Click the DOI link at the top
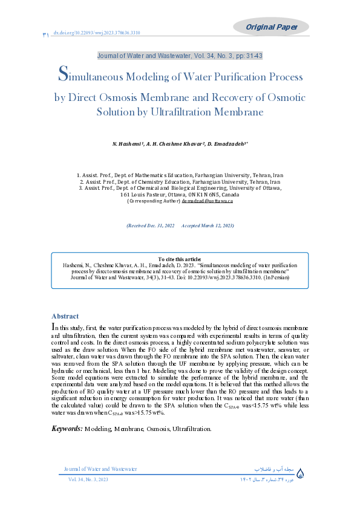point(97,33)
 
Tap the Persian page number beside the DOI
point(46,35)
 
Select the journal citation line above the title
point(180,56)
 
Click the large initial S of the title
point(62,75)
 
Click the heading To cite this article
point(180,259)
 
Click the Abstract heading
point(65,316)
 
